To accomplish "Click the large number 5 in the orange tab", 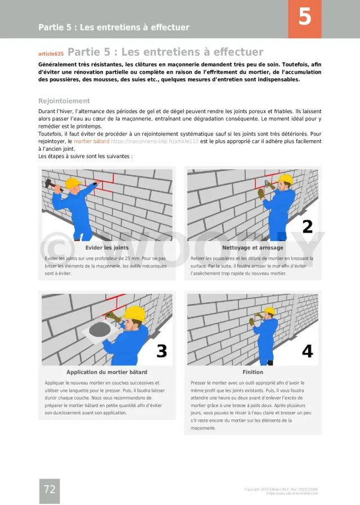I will (304, 17).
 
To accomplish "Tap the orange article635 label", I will (51, 53).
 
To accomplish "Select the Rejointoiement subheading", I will (64, 101).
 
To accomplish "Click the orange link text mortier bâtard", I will (92, 141).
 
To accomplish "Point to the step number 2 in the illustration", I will (307, 226).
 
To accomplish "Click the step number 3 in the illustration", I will (161, 351).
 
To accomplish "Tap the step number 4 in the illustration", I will (307, 351).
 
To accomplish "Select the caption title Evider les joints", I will (107, 247).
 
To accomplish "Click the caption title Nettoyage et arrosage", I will (253, 247).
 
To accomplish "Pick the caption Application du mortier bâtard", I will (107, 372).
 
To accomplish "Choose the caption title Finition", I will (253, 372).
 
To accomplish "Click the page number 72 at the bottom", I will (49, 490).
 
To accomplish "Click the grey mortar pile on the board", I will (100, 328).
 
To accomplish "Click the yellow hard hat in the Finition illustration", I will (269, 311).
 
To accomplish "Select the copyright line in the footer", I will (281, 489).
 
